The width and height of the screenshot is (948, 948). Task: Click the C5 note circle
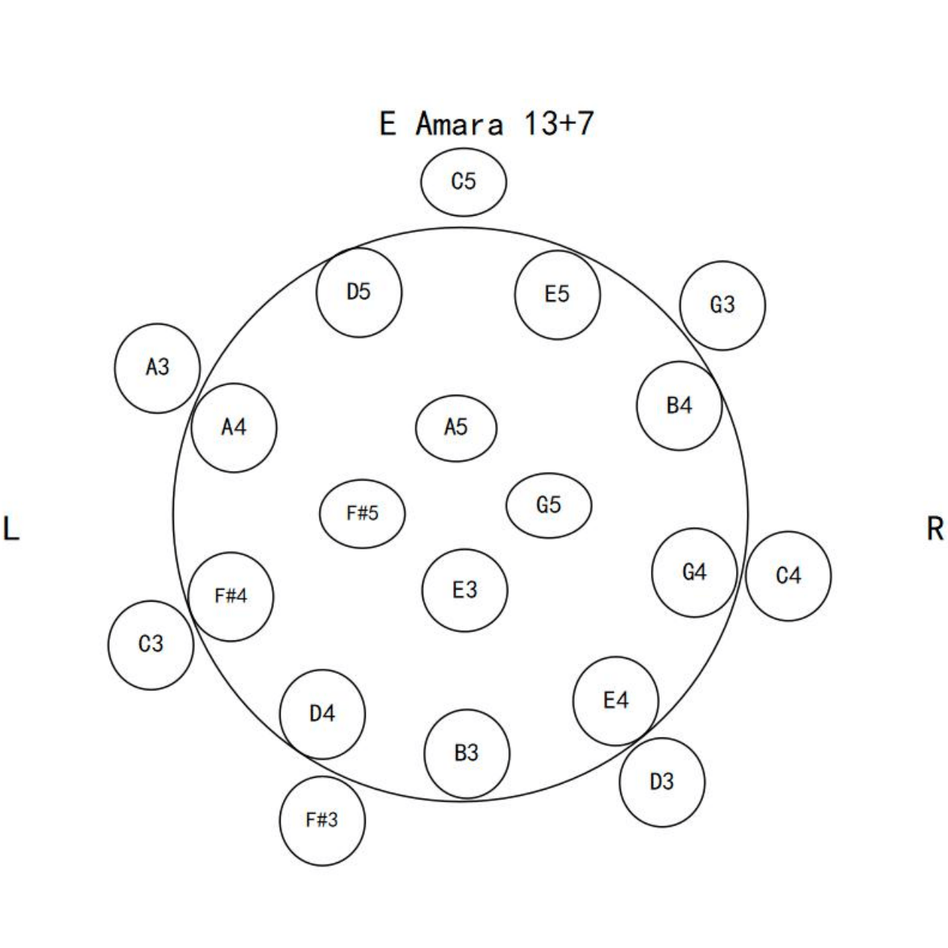coord(464,182)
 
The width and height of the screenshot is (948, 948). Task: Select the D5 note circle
coord(359,292)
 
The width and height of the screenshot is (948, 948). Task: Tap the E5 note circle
coord(557,295)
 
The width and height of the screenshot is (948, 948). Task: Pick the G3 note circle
coord(723,305)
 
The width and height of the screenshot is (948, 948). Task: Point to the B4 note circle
coord(679,406)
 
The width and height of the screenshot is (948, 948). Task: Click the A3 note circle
coord(158,368)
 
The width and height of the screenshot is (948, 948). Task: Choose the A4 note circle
coord(234,428)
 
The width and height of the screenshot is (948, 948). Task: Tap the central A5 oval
coord(456,428)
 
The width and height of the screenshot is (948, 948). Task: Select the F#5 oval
coord(363,514)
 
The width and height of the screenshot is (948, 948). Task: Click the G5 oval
coord(549,506)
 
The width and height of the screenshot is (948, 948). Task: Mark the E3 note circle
coord(464,591)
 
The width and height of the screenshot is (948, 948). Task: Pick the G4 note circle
coord(694,573)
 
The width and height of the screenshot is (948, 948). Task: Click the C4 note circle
coord(788,576)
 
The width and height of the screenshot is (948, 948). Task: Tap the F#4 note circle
coord(231,596)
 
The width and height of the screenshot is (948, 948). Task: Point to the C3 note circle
coord(151,644)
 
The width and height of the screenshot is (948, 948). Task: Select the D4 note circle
coord(322,714)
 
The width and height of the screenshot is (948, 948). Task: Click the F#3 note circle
coord(322,820)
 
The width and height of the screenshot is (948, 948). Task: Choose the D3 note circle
coord(662,782)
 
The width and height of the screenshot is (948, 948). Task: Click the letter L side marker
coord(10,528)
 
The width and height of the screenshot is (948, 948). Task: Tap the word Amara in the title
coord(459,124)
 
